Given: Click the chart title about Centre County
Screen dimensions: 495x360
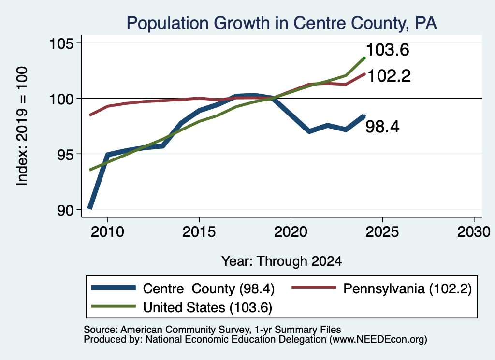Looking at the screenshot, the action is click(282, 23).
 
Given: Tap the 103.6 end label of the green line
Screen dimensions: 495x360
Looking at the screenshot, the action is click(388, 50).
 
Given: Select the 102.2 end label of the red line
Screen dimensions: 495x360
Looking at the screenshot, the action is click(389, 76).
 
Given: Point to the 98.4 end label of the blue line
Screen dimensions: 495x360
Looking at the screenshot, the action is click(382, 127).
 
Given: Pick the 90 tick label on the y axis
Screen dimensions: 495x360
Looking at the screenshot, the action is click(65, 210).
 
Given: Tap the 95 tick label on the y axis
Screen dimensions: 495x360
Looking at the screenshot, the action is click(65, 154).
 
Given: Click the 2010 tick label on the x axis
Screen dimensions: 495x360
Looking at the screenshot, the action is click(107, 232).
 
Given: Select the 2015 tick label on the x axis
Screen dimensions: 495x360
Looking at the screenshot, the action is click(199, 232).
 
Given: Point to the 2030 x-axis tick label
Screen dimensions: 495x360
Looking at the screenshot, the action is click(474, 232).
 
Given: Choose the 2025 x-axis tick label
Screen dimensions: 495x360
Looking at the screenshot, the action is click(382, 232).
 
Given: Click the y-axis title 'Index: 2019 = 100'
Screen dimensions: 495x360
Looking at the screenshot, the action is click(22, 126).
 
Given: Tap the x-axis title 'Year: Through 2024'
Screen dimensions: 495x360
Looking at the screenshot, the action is click(282, 261).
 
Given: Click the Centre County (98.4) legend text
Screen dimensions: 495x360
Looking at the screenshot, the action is click(209, 288).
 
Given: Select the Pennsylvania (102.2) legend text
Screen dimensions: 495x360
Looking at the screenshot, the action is click(408, 288).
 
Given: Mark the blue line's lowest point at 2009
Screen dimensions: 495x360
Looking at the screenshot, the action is click(90, 208).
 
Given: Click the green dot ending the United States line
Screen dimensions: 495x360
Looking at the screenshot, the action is click(364, 58).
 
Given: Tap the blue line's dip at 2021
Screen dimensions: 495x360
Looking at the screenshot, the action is click(309, 131).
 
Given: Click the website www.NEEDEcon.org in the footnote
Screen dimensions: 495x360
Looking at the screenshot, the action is click(377, 340).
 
